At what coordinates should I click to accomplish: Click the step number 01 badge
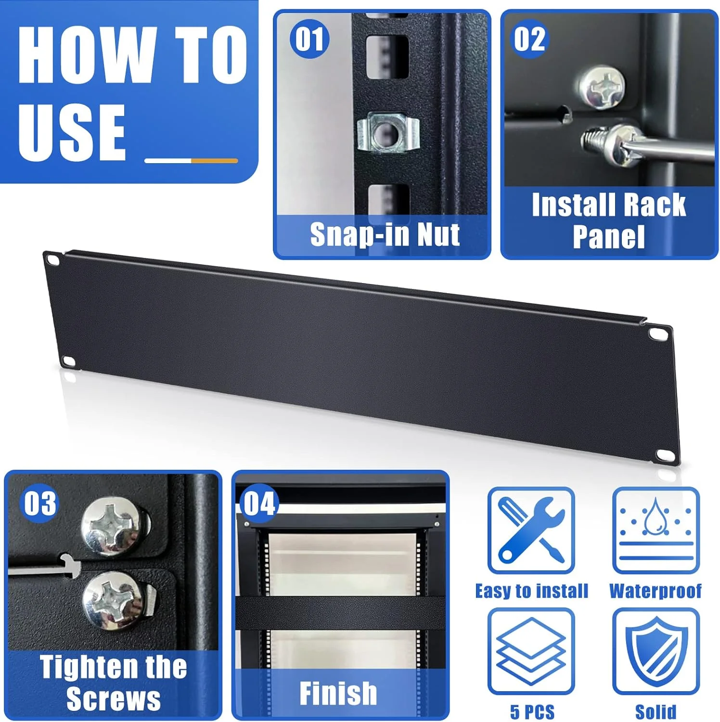pos(309,39)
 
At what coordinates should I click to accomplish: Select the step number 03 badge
pos(40,503)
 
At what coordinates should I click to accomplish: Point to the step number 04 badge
pos(259,503)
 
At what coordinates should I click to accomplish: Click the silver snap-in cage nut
pos(388,132)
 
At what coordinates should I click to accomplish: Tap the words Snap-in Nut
pos(385,234)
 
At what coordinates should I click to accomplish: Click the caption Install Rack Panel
pos(609,220)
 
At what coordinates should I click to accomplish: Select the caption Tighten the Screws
pos(114,683)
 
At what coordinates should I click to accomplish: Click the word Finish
pos(338,693)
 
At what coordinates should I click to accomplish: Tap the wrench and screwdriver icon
pos(531,530)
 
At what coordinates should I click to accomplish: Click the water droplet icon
pos(656,530)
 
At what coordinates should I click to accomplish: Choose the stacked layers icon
pos(531,651)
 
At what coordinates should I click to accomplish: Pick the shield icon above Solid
pos(656,651)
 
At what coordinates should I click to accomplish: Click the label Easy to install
pos(532,591)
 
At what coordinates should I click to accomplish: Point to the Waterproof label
pos(656,591)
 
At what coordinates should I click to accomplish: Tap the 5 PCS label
pos(532,711)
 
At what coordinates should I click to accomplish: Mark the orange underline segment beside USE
pos(214,161)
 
